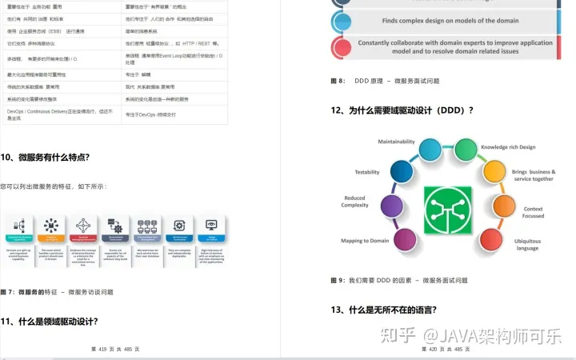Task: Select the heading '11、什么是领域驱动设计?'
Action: pos(49,322)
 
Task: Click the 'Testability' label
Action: pos(367,172)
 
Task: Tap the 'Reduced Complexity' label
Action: pos(354,202)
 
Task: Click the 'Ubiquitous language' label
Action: pos(527,244)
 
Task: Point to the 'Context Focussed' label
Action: pos(533,212)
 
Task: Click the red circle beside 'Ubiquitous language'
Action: pos(490,239)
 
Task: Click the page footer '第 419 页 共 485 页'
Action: pos(115,350)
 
